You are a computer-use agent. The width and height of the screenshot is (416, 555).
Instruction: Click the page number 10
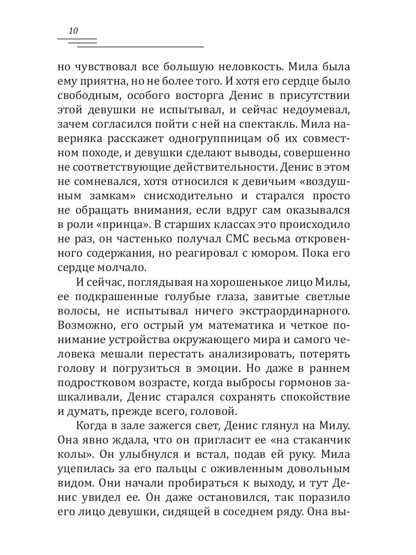coord(73,31)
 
